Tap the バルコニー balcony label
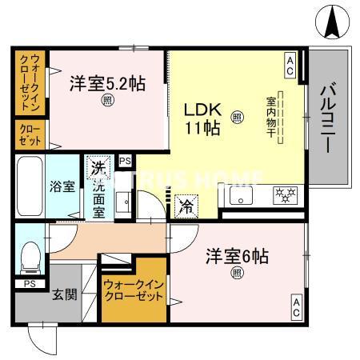pos(329,114)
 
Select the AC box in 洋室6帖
pos(295,307)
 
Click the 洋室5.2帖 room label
pos(106,83)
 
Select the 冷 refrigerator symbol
pos(186,204)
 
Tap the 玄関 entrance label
pos(65,294)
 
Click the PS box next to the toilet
pos(30,283)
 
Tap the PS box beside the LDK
pos(124,161)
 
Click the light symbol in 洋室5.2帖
pos(106,101)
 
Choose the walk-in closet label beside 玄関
pos(132,290)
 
